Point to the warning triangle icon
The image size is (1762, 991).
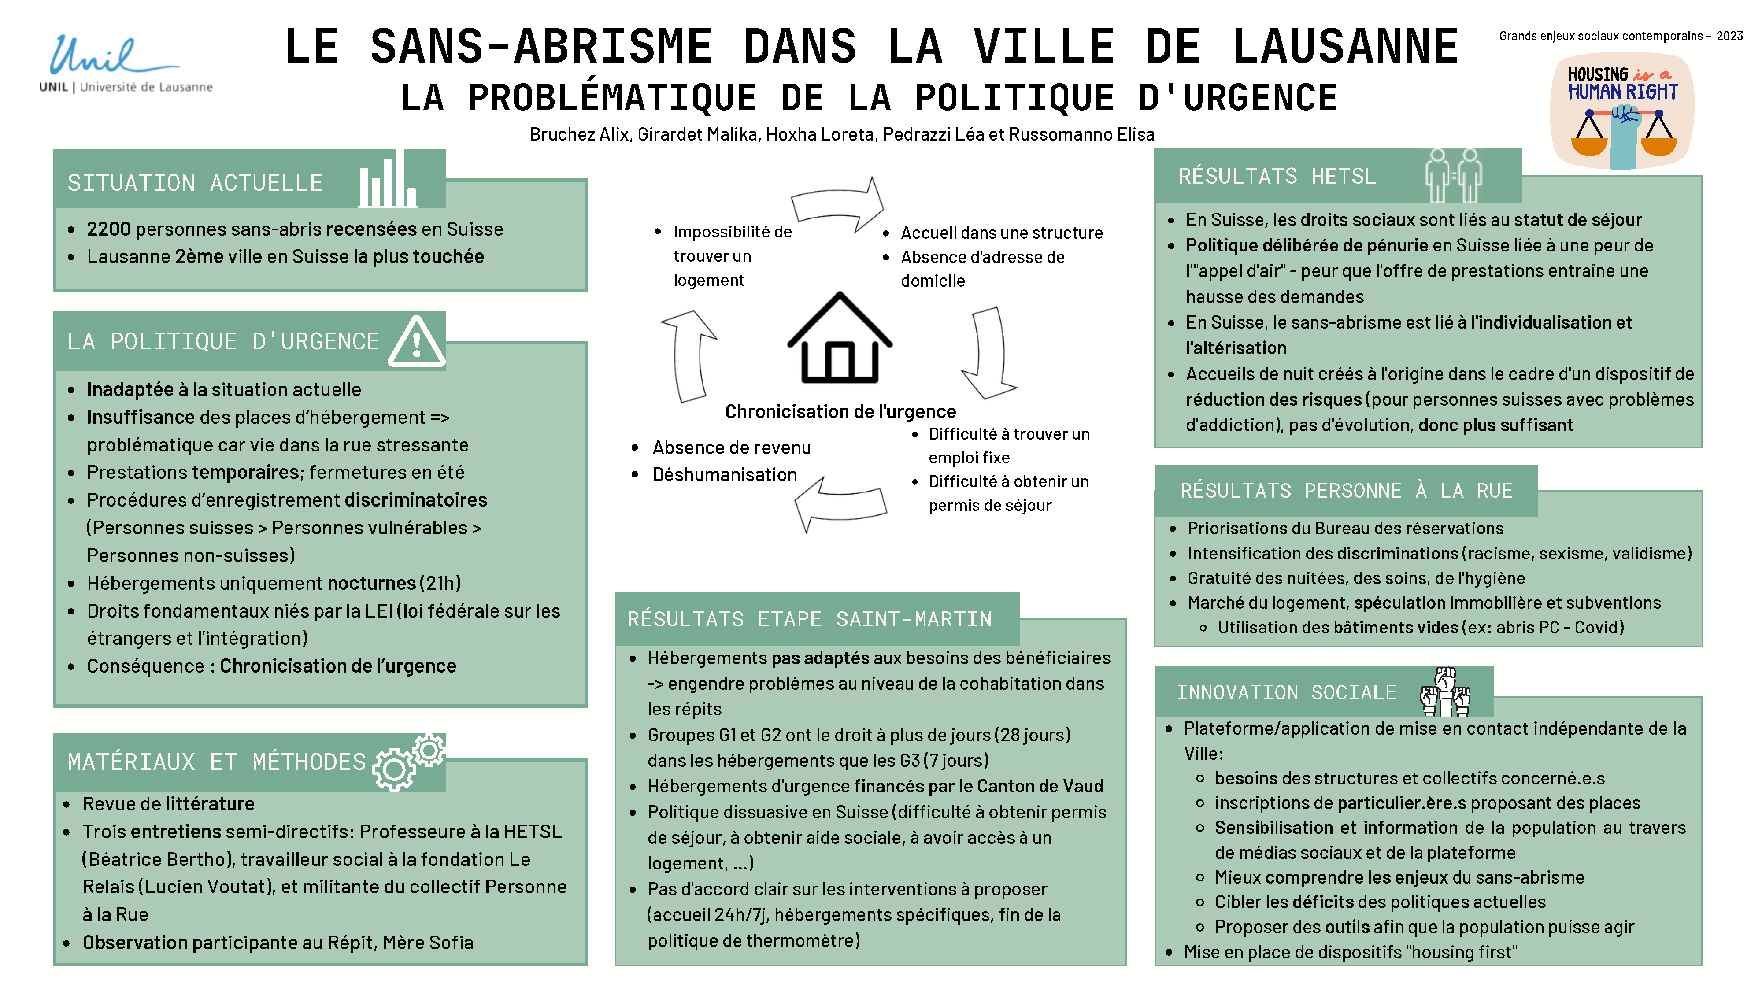point(417,342)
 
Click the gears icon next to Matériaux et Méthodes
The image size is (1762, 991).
point(408,762)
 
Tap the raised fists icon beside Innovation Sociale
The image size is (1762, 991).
point(1445,691)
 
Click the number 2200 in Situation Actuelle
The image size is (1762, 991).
point(108,229)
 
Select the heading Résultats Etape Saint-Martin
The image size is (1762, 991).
point(809,619)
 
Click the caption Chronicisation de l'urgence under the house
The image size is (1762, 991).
point(840,412)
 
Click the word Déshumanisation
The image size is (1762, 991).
point(724,475)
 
